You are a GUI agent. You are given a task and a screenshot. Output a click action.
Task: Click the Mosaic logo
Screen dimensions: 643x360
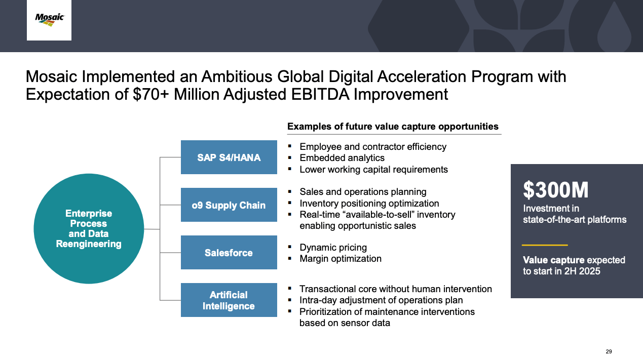point(49,20)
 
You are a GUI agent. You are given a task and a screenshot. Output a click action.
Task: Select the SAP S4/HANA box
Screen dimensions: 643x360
point(229,157)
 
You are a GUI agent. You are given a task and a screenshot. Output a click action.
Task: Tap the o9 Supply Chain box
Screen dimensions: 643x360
point(229,205)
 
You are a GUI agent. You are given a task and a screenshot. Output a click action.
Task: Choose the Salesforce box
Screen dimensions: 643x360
point(229,253)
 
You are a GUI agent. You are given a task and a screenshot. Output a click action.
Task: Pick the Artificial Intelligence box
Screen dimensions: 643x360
point(229,300)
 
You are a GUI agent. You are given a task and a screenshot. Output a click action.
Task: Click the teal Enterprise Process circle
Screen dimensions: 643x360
point(89,229)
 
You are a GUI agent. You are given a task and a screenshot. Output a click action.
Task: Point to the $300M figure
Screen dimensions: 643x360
point(555,190)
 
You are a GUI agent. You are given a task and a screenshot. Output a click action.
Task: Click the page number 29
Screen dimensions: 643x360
point(609,351)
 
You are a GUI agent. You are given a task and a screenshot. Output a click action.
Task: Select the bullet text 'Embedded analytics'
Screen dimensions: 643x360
point(342,158)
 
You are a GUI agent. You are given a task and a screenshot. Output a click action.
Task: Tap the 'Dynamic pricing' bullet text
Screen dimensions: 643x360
point(333,247)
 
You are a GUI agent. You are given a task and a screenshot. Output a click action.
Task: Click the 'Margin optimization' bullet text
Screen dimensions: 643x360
point(341,258)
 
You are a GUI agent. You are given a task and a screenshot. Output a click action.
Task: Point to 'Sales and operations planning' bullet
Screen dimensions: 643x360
point(363,191)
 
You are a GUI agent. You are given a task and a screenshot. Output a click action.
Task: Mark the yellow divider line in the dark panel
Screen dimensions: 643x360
point(545,245)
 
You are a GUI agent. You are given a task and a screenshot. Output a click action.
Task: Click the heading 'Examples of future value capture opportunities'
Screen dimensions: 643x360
point(393,126)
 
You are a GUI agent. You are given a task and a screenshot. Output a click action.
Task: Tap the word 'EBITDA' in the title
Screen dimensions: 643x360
point(320,94)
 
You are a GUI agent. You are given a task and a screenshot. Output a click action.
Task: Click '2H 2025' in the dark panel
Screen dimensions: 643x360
point(582,271)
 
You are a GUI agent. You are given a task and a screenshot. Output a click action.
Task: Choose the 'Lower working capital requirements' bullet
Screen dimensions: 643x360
point(373,169)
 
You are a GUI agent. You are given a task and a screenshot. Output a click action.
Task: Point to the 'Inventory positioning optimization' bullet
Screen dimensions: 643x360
point(369,203)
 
